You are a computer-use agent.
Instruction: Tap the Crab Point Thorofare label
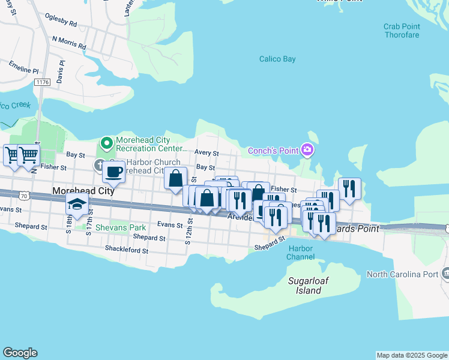point(402,31)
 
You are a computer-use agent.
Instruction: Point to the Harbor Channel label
point(301,253)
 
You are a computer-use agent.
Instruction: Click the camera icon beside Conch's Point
point(307,149)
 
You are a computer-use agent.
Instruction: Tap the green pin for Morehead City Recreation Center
point(107,143)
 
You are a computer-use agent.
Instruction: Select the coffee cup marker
point(113,172)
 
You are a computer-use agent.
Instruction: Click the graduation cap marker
point(77,204)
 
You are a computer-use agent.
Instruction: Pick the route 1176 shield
point(41,82)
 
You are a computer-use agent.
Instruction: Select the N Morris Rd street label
point(69,43)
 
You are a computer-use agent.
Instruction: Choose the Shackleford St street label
point(126,248)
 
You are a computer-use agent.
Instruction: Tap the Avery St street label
point(207,154)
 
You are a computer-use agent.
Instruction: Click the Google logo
point(20,353)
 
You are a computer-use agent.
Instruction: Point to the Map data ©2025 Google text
point(411,355)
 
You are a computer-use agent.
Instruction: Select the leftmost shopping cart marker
point(13,155)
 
